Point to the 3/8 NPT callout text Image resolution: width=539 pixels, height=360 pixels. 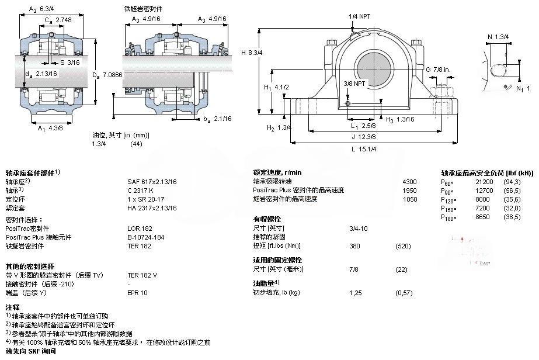[x=355, y=83]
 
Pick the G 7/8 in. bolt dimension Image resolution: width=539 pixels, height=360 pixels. [x=438, y=70]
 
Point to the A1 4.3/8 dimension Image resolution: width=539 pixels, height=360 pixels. [x=50, y=128]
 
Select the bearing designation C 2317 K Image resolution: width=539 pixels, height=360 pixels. [x=141, y=190]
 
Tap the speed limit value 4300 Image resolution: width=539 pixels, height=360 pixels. [x=410, y=182]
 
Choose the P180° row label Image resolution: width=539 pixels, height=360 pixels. [x=448, y=217]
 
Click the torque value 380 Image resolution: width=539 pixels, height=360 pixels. [x=354, y=245]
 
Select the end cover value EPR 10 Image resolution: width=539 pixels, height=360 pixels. [x=138, y=292]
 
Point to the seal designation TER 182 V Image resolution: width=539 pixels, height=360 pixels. [x=142, y=275]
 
